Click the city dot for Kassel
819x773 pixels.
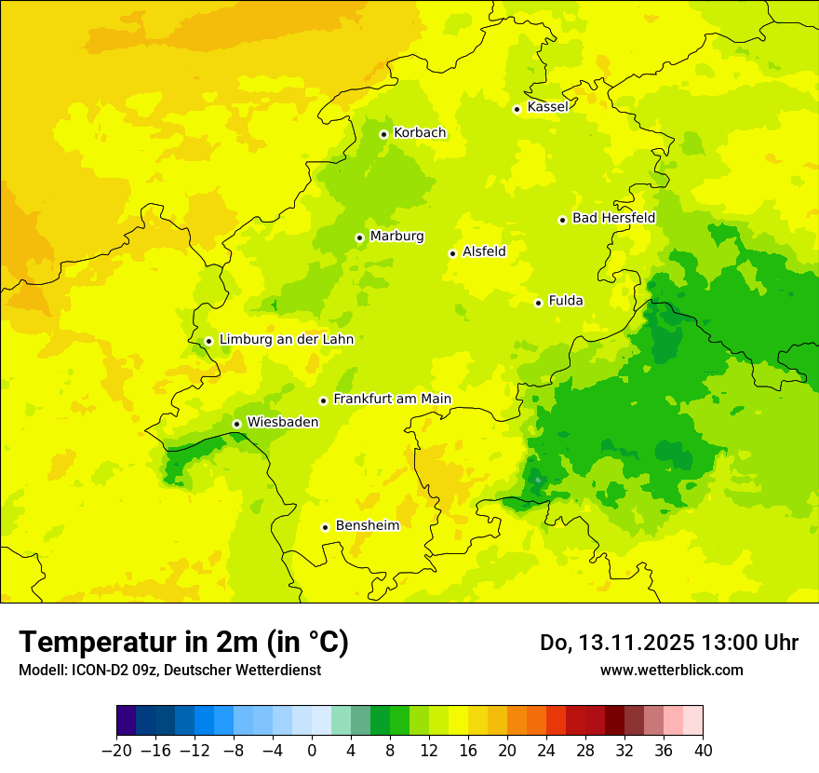(517, 109)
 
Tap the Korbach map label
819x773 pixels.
(420, 133)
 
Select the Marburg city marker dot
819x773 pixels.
(359, 237)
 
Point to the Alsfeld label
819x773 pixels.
(484, 251)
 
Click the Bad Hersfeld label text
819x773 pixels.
(613, 218)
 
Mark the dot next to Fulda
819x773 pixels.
(538, 303)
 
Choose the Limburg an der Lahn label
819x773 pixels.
(286, 340)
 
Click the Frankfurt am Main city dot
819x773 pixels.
(323, 400)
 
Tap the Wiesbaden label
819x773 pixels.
(282, 422)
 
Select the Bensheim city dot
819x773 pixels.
(325, 527)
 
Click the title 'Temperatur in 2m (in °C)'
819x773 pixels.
(184, 642)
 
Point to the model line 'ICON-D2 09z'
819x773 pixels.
(169, 670)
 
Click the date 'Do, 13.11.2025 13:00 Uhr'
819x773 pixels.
(669, 643)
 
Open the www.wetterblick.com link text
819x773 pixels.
(671, 670)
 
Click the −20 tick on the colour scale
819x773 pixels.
(116, 751)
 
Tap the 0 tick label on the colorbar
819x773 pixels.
(312, 751)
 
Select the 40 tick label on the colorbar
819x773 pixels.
(703, 751)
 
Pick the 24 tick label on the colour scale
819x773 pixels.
(546, 751)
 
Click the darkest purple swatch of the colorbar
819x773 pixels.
(127, 721)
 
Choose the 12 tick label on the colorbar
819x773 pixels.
(429, 751)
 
